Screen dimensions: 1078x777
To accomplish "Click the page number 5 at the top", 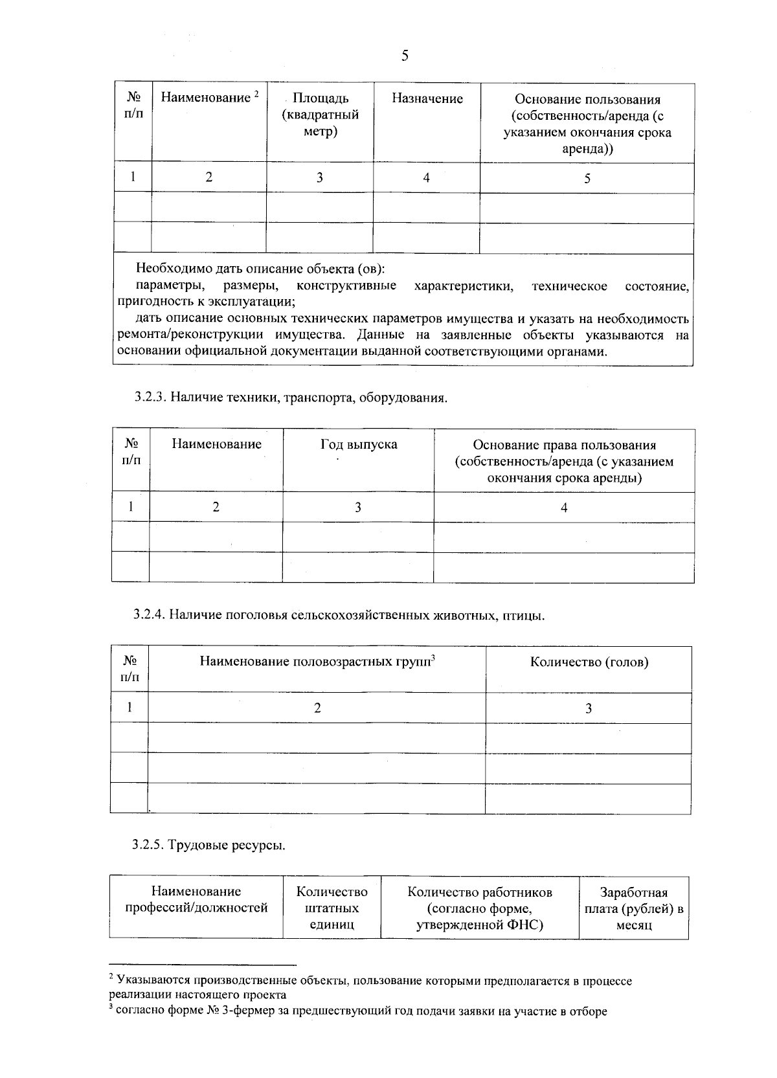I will coord(405,56).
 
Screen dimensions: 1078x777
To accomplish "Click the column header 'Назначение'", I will coord(427,99).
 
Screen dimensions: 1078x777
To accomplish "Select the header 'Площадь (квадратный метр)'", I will coord(321,115).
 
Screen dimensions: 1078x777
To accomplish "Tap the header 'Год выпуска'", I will coord(359,444).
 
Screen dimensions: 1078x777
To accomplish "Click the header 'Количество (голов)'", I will coord(589,662).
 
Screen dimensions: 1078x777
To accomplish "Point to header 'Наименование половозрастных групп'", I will coord(316,662).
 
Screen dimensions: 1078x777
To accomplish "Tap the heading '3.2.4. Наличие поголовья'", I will coord(339,615).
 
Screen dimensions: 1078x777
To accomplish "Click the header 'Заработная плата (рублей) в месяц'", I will coord(633,908).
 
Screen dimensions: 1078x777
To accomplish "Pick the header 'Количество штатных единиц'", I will coord(332,908).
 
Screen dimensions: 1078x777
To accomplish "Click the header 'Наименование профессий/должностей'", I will coord(196,900).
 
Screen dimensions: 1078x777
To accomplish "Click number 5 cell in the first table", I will coord(587,179).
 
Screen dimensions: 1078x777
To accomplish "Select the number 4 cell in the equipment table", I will coord(564,508).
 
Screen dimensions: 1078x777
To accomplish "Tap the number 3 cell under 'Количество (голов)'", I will coord(589,708).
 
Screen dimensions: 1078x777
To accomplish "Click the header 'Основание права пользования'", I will coord(564,461).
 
